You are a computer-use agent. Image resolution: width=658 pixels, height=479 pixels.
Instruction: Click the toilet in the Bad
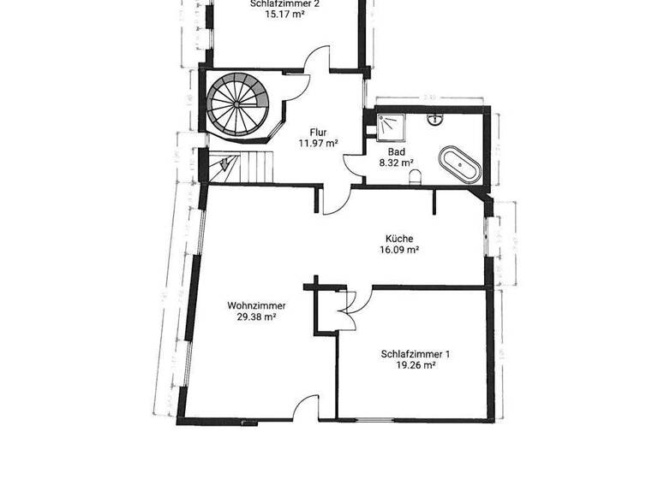[416, 176]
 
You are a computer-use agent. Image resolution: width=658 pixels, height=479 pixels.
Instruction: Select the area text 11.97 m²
[317, 144]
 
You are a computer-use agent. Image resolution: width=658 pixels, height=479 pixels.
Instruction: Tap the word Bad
[397, 151]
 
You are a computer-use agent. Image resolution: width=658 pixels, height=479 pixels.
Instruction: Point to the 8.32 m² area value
[397, 162]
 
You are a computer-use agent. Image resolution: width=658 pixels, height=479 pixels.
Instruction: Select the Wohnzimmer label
[256, 305]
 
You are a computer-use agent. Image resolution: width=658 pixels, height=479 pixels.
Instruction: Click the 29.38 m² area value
[256, 316]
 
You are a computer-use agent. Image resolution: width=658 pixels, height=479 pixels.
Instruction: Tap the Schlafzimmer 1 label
[416, 353]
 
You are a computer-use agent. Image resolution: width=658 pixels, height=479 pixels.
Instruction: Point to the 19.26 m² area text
[416, 365]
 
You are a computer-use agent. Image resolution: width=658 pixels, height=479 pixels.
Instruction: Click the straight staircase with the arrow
[242, 166]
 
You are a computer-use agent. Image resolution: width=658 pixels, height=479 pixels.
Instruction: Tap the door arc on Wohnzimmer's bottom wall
[303, 411]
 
